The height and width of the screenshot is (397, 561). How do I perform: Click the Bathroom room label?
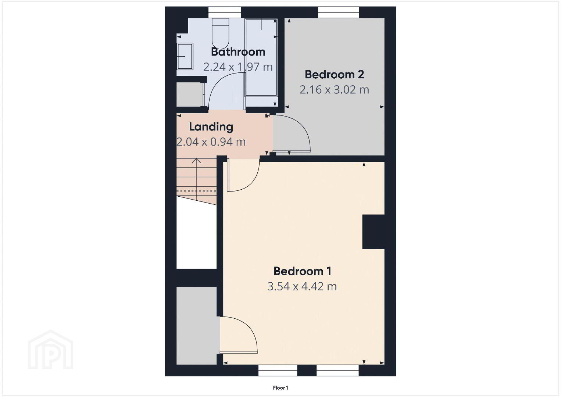click(238, 52)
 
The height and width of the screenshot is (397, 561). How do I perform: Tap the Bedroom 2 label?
click(334, 74)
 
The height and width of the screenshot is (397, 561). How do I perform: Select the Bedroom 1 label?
click(302, 271)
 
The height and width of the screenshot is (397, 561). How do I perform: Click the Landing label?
click(211, 127)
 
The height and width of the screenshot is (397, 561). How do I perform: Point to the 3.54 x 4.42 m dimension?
click(302, 286)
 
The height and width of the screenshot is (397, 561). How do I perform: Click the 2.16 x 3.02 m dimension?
click(334, 89)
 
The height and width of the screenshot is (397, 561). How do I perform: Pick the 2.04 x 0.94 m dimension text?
click(211, 142)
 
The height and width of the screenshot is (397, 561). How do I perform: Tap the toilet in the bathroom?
click(221, 33)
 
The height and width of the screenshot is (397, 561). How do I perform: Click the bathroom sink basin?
click(185, 56)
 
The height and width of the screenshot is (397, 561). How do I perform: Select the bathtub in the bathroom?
click(261, 58)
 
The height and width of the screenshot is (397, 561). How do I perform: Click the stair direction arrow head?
click(196, 161)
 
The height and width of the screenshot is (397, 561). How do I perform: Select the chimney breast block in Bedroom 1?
click(374, 232)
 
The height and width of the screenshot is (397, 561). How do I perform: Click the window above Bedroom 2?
click(338, 12)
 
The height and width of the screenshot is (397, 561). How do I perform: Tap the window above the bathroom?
click(225, 12)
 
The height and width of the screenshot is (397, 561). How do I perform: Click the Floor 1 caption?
click(280, 388)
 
